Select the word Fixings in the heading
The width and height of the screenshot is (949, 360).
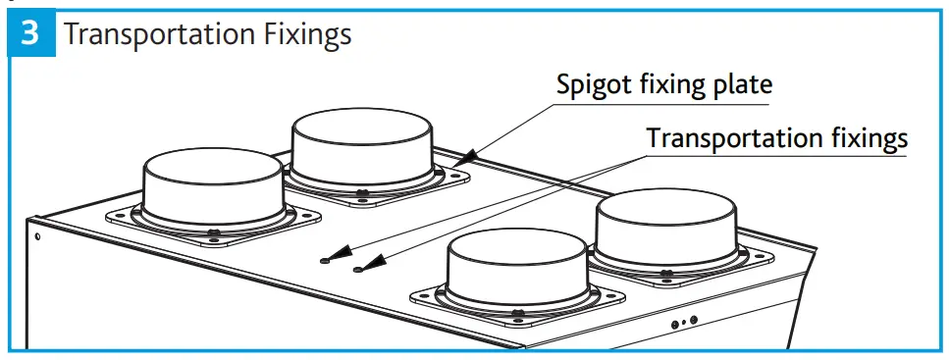coord(304,35)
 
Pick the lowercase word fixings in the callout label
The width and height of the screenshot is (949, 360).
coord(867,138)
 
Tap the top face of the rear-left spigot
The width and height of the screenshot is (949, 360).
coord(363,127)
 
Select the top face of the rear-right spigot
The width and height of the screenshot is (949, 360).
coord(666,209)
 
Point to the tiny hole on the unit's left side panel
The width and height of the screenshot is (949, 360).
coord(37,235)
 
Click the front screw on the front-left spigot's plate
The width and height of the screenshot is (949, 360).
coord(214,232)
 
